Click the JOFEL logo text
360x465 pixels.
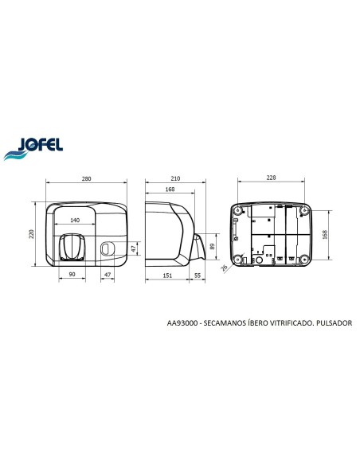pos(41,145)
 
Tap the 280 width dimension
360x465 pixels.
pos(86,179)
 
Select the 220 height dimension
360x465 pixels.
pos(32,234)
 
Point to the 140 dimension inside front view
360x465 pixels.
pos(75,220)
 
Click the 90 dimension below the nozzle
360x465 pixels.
pos(72,275)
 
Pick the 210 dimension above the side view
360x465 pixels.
pos(175,178)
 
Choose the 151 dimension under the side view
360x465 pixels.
pos(167,275)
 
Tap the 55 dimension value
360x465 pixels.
pos(198,275)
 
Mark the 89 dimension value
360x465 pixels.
pos(212,247)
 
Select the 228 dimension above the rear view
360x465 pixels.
pos(271,178)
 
